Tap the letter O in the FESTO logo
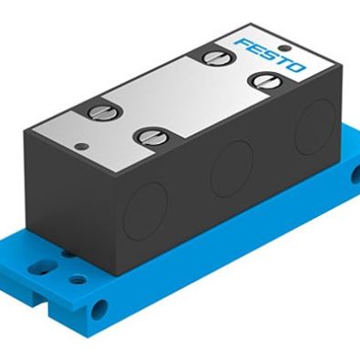(x=295, y=67)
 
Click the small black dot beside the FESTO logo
(x=283, y=47)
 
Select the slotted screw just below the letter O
(x=263, y=79)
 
